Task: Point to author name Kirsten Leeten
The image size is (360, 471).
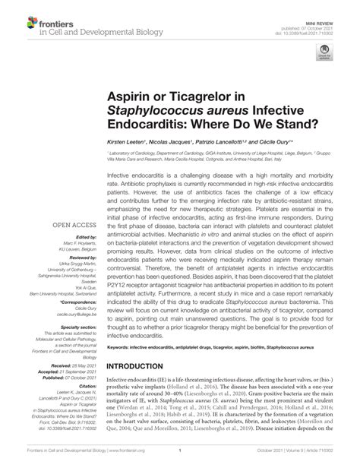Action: [x=126, y=142]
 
